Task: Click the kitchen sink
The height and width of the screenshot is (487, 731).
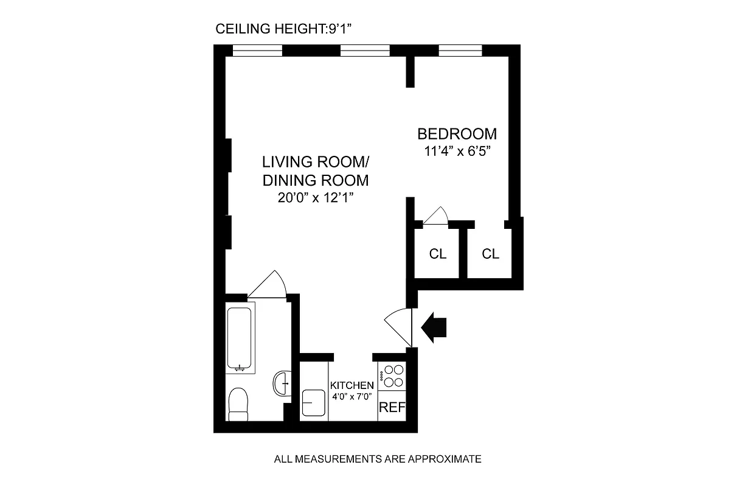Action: click(314, 403)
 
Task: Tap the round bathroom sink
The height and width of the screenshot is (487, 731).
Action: click(282, 384)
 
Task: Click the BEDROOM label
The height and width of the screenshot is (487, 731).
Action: click(456, 134)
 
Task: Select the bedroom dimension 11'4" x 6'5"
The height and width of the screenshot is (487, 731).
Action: click(456, 152)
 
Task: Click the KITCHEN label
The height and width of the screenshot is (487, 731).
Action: click(352, 385)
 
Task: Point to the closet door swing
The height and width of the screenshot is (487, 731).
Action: click(436, 217)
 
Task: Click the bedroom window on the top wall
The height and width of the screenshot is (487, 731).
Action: click(460, 51)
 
